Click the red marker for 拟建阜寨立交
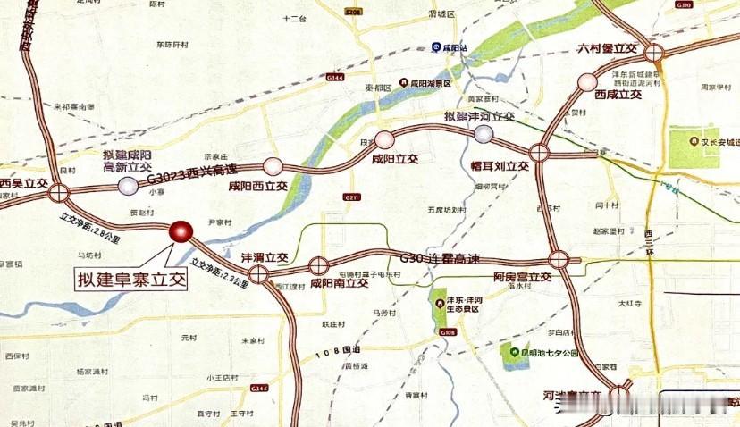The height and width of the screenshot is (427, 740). (181, 231)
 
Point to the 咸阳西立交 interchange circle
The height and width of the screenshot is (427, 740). (273, 165)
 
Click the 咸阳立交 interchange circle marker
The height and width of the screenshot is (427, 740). (384, 138)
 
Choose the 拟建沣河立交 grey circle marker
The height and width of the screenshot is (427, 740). (484, 133)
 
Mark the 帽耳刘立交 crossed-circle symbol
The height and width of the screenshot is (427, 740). (539, 152)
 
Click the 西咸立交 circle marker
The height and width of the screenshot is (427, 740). (587, 82)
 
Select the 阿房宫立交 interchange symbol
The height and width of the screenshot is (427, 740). (559, 260)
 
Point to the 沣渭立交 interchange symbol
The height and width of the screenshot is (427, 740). (257, 274)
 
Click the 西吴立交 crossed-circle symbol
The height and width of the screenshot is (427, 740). (59, 191)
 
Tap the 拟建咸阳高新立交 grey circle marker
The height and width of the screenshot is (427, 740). (129, 185)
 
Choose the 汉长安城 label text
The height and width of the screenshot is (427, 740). (720, 141)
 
